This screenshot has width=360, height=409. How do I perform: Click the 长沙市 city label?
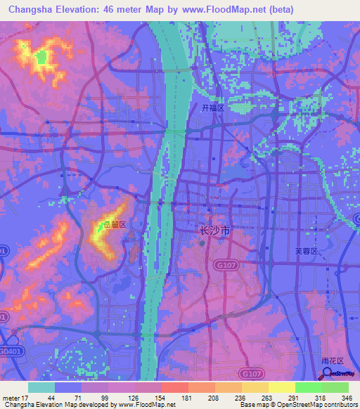211,231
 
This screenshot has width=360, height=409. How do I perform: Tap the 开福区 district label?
212,108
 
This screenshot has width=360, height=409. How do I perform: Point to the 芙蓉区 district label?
306,251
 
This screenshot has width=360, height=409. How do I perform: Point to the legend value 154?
162,398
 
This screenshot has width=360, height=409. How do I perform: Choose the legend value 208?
215,398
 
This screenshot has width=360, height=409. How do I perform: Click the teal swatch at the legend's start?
41,387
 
